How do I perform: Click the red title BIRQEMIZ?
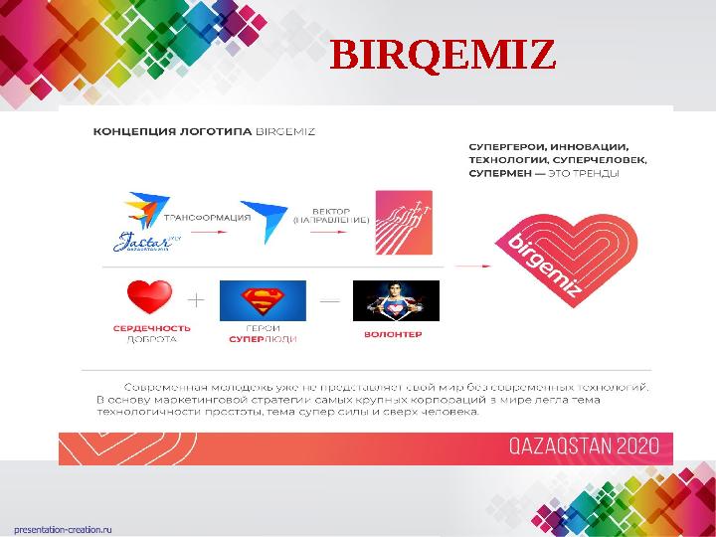tap(442, 57)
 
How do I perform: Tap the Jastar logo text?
tap(145, 240)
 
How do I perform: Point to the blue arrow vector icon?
tap(263, 220)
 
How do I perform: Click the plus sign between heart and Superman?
tap(198, 298)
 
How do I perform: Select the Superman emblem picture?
tap(263, 300)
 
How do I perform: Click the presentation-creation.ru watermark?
tap(63, 528)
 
